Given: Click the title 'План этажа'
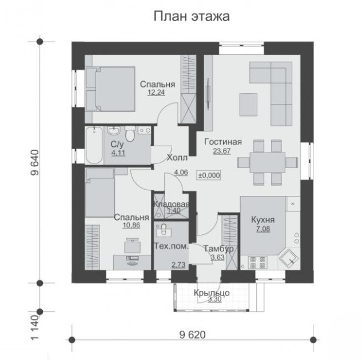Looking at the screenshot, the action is [x=192, y=17].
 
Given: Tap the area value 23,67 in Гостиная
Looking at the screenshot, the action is [x=222, y=151].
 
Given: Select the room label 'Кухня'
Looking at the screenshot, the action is [x=263, y=220].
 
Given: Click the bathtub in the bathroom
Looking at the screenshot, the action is [x=94, y=145].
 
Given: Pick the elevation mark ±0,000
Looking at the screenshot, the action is [x=209, y=175].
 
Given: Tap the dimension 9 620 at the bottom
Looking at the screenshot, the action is [x=193, y=335].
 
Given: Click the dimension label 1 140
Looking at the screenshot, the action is [x=35, y=327].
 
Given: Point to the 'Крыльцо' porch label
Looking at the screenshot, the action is [x=212, y=293].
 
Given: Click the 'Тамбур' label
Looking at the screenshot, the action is [x=218, y=249].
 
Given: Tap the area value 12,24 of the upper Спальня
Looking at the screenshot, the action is [x=156, y=93].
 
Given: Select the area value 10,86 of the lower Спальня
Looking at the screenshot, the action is [x=132, y=225].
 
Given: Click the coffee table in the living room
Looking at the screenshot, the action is [x=248, y=105].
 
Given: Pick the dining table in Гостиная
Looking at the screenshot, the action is [x=268, y=162].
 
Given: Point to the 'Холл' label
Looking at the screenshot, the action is [x=177, y=158].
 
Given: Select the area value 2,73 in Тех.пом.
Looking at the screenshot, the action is [x=178, y=265].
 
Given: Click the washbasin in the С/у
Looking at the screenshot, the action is [x=113, y=130].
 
